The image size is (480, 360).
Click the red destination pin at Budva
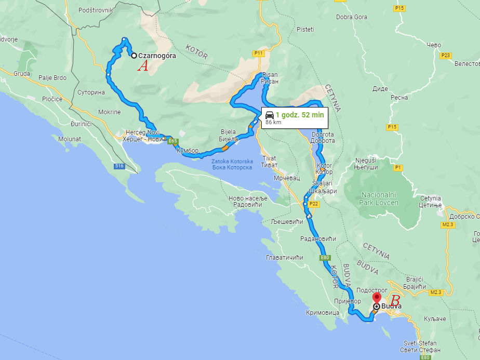tap(378, 299)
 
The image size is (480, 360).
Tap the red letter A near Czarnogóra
tap(143, 66)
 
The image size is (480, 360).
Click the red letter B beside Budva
tap(395, 301)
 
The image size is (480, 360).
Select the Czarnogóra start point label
tap(157, 56)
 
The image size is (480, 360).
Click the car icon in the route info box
tap(269, 115)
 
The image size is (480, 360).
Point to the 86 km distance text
tap(273, 123)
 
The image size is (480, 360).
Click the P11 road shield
tap(259, 53)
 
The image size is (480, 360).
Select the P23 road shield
tap(445, 56)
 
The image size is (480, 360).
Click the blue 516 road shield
tap(120, 166)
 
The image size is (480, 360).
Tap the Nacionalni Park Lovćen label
tap(378, 198)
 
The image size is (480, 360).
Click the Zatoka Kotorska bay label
tap(232, 165)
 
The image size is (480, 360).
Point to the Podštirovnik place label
tap(95, 10)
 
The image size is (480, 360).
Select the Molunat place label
tap(70, 139)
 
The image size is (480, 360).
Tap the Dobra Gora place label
tap(352, 17)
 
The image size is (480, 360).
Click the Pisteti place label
tap(305, 30)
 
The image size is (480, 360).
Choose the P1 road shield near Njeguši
tap(398, 167)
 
